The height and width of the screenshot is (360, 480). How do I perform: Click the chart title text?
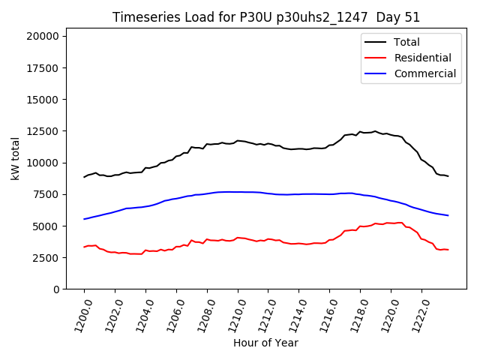(266, 17)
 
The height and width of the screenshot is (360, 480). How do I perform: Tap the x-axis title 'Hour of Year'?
(265, 343)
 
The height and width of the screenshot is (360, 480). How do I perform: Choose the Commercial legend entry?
(424, 73)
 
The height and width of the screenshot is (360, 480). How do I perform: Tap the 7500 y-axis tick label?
(49, 194)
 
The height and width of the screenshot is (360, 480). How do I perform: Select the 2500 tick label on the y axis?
(49, 257)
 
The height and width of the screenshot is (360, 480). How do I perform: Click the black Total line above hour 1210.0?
(238, 140)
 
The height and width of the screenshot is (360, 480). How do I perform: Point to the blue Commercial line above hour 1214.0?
(298, 194)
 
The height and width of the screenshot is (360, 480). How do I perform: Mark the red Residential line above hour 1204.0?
(145, 250)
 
